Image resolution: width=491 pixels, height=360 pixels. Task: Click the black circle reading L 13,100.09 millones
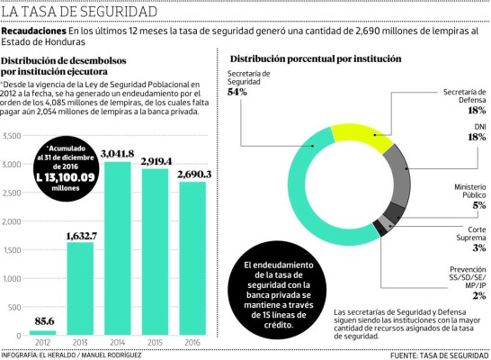point(70,167)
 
